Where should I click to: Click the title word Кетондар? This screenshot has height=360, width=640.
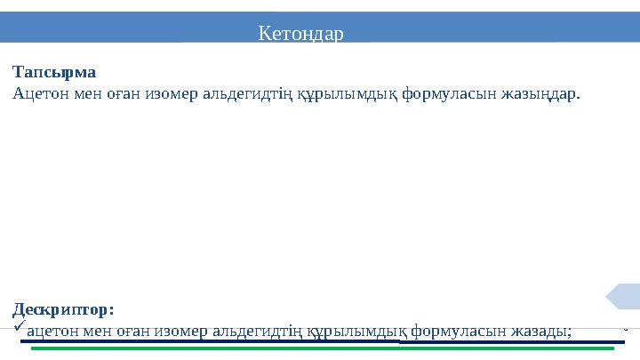click(x=300, y=34)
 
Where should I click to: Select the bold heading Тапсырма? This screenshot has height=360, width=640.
click(x=54, y=72)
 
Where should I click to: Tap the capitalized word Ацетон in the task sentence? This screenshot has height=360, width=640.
click(x=37, y=92)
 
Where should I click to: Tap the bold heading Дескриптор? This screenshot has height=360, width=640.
click(x=63, y=310)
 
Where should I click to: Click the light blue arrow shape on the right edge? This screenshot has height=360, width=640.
click(x=624, y=296)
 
